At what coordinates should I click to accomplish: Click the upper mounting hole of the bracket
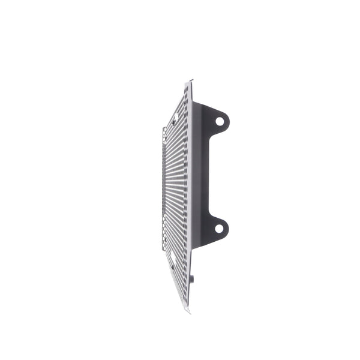pyautogui.click(x=220, y=121)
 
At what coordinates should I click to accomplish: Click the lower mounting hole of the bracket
pyautogui.click(x=219, y=228)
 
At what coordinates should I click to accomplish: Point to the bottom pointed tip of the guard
pyautogui.click(x=188, y=311)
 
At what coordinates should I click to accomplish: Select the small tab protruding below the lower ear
pyautogui.click(x=193, y=278)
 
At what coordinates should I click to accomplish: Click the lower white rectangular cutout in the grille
pyautogui.click(x=173, y=256)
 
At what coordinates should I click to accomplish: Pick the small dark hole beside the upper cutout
pyautogui.click(x=173, y=122)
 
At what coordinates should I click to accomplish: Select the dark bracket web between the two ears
pyautogui.click(x=207, y=174)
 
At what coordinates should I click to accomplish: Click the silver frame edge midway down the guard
pyautogui.click(x=190, y=180)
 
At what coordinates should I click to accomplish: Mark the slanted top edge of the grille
pyautogui.click(x=177, y=105)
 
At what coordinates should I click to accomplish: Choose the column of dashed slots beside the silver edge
pyautogui.click(x=185, y=180)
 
